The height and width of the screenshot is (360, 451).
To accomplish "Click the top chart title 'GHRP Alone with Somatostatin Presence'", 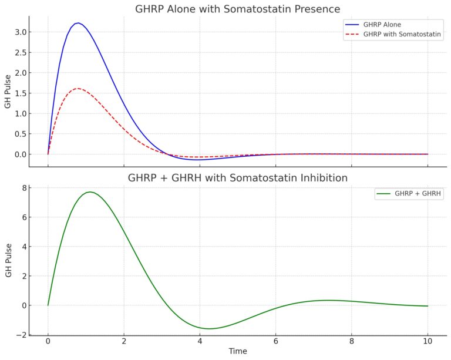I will click(237, 9).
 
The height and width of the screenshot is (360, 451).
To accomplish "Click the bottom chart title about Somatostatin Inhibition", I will click(237, 178).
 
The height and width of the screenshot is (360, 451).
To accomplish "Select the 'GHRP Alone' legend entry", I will click(382, 25).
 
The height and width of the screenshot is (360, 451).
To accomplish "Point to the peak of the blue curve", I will click(78, 23).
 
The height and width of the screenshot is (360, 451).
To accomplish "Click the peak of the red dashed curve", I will click(78, 89).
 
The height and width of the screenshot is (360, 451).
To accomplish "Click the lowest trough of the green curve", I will click(209, 328).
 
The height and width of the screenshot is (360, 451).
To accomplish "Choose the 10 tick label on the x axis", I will click(428, 342).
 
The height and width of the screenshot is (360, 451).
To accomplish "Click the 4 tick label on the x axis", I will click(200, 342).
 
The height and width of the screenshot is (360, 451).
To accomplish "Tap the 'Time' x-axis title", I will click(238, 352).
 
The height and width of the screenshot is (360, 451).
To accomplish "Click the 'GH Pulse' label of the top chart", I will click(7, 93).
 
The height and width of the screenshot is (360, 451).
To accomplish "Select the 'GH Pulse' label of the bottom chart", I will click(7, 261).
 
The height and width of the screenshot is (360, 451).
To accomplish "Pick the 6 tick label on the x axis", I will click(275, 342).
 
